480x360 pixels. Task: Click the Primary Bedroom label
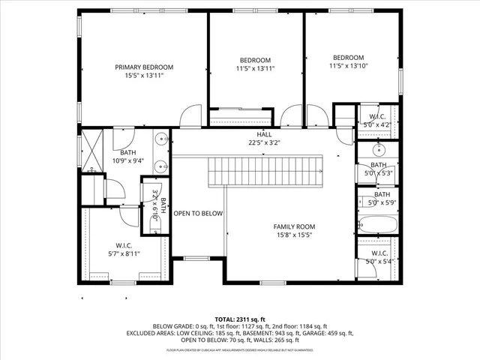coord(144,67)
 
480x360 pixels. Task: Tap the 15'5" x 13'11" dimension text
coord(144,75)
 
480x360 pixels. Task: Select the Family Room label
coord(294,226)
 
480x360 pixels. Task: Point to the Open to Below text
coord(199,214)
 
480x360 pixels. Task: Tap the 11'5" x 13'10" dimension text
coord(349,67)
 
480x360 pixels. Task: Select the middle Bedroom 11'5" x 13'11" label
coord(255,60)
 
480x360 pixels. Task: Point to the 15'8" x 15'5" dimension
coord(294,235)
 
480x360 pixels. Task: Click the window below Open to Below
coord(196,259)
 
